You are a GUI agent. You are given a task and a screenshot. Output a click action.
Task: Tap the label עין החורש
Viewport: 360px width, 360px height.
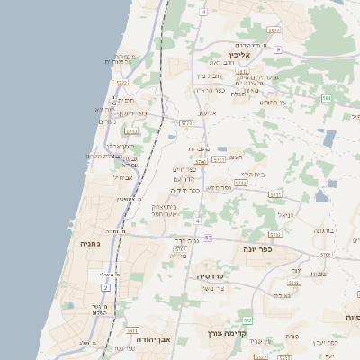(272, 102)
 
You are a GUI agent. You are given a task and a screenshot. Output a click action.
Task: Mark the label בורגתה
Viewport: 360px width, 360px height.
(323, 230)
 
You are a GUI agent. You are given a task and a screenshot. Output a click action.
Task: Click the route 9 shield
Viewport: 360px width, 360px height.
(279, 49)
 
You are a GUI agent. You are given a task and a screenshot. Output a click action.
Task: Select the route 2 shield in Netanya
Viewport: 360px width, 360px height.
(105, 287)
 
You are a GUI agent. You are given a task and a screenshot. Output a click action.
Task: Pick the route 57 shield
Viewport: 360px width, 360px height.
(208, 238)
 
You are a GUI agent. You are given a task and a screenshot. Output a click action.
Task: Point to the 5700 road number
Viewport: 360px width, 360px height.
(201, 161)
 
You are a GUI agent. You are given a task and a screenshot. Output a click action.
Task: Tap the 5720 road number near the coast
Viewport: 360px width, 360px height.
(121, 82)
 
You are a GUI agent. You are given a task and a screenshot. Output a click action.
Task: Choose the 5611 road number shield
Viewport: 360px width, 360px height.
(133, 330)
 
